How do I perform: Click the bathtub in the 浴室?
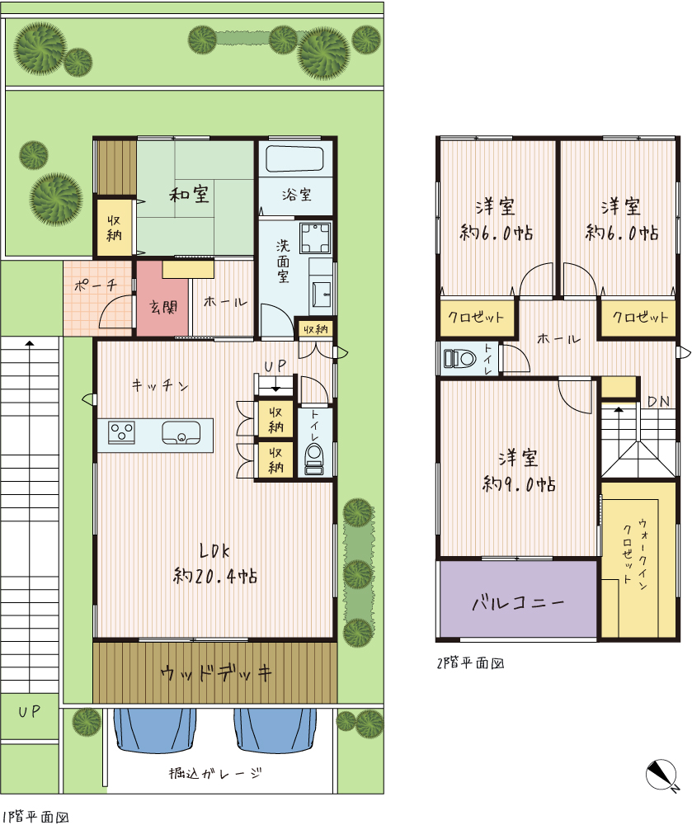[x=294, y=159]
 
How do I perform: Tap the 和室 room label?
[x=190, y=194]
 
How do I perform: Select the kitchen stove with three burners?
[x=121, y=433]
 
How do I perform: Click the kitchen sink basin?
[x=181, y=433]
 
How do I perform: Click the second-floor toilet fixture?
[x=460, y=358]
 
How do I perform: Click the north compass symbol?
[x=662, y=775]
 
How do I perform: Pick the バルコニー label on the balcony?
[x=518, y=602]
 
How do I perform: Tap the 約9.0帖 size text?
[x=519, y=483]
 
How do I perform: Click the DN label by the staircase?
[x=658, y=402]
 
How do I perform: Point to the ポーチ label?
[x=95, y=285]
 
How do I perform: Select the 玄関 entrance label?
[x=163, y=307]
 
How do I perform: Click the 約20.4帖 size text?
[x=215, y=576]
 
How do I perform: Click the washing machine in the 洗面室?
[x=316, y=238]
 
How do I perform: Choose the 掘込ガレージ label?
[x=215, y=774]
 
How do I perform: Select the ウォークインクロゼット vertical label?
[x=635, y=553]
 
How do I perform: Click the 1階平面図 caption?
[x=35, y=817]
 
